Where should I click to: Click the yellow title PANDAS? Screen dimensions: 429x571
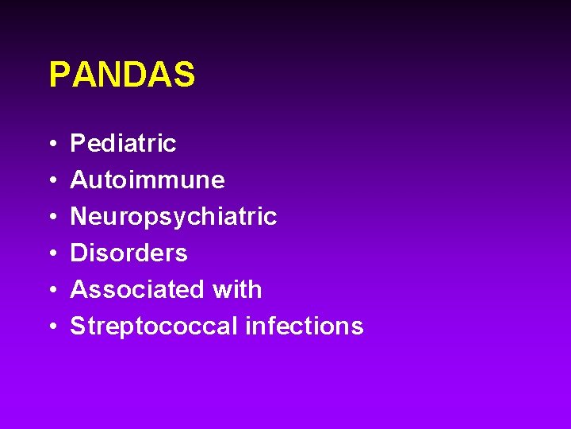pos(121,75)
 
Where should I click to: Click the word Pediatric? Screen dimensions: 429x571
pos(123,144)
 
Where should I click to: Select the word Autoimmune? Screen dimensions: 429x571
pos(148,180)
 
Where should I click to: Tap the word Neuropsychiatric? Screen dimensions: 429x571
pos(174,217)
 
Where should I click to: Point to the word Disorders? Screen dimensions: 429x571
pos(128,253)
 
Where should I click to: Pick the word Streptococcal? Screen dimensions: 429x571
pos(154,327)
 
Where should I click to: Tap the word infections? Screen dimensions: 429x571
pos(305,327)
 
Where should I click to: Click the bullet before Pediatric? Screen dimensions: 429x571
pos(51,145)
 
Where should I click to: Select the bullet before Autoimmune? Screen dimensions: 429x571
pos(51,181)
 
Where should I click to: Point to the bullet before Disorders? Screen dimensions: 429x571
pos(51,254)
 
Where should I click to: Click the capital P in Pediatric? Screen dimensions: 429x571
pos(78,144)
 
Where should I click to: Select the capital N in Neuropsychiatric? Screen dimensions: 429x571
pos(79,217)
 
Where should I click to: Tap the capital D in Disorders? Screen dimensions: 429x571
pos(79,253)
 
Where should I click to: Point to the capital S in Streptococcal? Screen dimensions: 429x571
pos(78,327)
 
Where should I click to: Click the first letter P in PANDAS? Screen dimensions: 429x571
pos(59,75)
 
